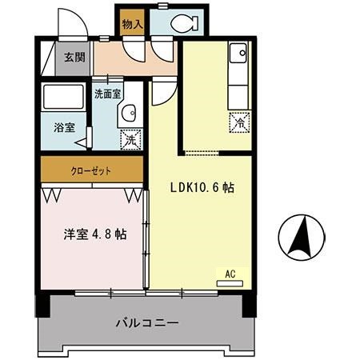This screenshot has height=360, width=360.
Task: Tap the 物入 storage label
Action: coord(132,25)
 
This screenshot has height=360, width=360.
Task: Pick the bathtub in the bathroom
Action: coord(65,99)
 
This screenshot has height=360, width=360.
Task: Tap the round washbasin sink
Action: coord(129,115)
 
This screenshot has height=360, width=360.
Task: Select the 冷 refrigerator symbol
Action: coord(240,122)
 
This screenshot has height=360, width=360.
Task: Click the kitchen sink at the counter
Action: coord(239,54)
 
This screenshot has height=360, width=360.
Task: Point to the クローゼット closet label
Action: coord(92,170)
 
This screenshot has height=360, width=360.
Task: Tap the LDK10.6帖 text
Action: coord(202,189)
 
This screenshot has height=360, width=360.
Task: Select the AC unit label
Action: coord(230,274)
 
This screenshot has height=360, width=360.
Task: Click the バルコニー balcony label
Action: coord(146,323)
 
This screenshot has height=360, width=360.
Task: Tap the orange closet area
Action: coord(56,170)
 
